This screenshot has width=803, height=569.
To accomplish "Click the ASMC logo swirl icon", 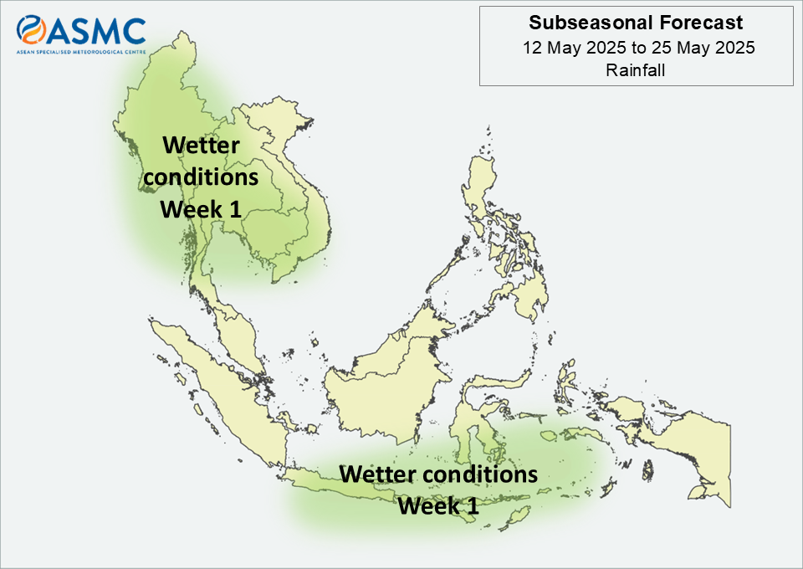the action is (31, 29).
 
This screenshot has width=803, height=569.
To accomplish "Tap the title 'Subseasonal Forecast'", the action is (636, 23).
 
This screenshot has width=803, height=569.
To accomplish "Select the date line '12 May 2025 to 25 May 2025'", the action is (638, 48).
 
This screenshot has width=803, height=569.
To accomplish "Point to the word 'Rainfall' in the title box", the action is (636, 70).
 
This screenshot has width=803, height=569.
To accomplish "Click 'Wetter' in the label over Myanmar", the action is (201, 146).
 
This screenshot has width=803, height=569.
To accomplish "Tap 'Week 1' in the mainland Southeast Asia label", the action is (200, 209).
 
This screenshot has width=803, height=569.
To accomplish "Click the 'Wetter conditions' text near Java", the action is (438, 474).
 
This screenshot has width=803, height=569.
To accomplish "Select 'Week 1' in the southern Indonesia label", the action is (438, 506).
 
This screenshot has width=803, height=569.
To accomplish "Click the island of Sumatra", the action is (220, 389).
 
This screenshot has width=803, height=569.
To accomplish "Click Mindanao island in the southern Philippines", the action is (528, 297).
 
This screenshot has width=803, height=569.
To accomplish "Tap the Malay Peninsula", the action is (238, 333).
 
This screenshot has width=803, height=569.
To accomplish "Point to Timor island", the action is (514, 518).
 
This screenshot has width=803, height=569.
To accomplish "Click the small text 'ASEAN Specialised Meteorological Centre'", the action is (81, 52).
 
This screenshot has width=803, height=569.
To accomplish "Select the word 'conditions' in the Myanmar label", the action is (201, 177).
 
